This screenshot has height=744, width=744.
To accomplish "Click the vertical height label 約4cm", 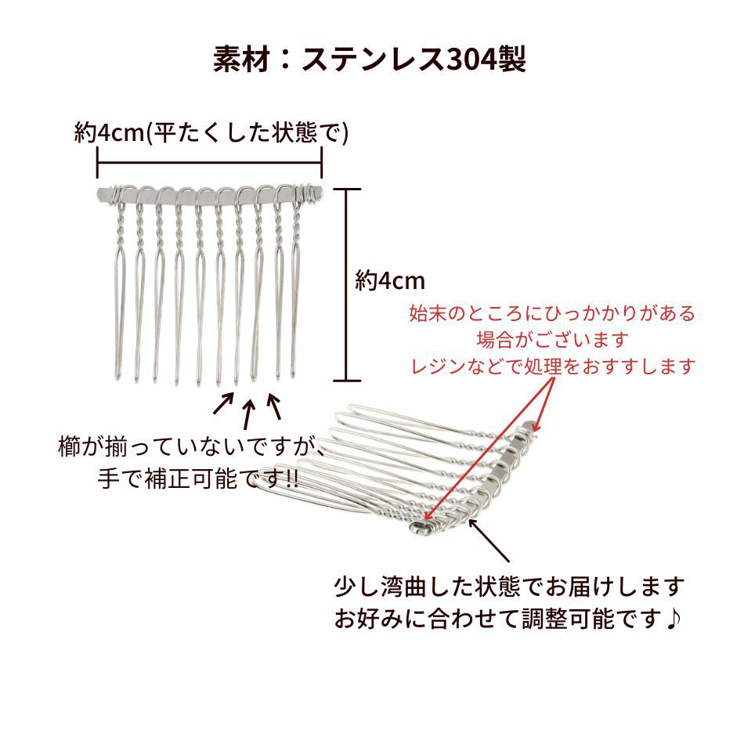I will [x=389, y=281].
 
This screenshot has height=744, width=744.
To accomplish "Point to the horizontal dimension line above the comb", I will [x=210, y=164].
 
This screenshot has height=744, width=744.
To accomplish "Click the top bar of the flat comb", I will [x=209, y=193].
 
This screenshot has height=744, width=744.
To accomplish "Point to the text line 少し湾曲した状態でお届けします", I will [x=509, y=586].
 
